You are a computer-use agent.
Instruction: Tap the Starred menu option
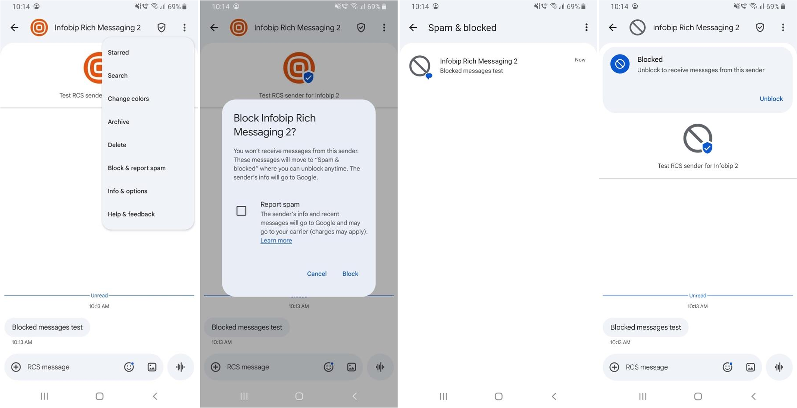point(118,53)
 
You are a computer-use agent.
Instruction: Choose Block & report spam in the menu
point(137,168)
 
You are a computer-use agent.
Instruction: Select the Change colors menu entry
point(128,99)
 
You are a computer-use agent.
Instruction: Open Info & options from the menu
point(127,191)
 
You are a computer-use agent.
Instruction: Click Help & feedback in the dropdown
point(131,214)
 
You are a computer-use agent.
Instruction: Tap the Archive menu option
point(118,122)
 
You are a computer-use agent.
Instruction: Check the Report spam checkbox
point(241,211)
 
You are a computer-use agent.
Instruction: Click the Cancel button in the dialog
point(316,274)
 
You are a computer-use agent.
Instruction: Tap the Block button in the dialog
point(350,274)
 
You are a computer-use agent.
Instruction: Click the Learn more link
point(276,241)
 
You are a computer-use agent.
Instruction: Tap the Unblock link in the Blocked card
point(771,99)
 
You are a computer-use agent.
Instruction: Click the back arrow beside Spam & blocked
point(413,28)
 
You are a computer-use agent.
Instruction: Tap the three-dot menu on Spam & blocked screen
point(586,28)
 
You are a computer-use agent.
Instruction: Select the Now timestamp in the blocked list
point(580,60)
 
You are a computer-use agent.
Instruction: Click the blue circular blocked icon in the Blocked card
point(620,64)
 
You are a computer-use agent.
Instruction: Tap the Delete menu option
point(117,145)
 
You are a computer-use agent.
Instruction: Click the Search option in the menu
point(118,75)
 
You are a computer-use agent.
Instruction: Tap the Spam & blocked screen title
point(462,28)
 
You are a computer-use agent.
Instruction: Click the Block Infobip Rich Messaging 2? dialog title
point(275,125)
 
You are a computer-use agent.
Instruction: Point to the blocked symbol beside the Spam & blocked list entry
point(420,66)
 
